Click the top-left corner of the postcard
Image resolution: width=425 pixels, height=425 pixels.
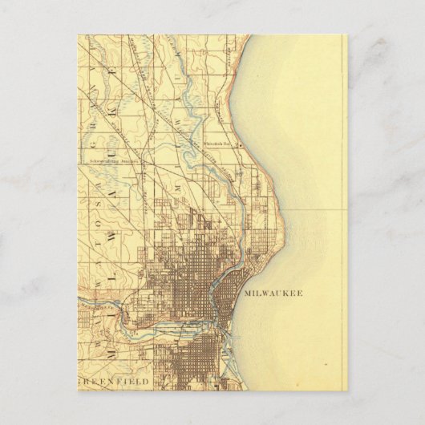point(78,34)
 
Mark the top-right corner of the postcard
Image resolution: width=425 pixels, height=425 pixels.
point(347,34)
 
